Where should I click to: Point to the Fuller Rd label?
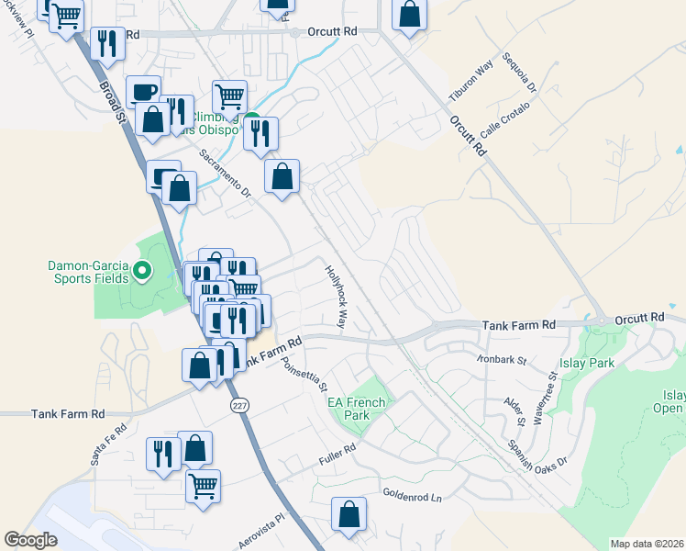pyautogui.click(x=337, y=453)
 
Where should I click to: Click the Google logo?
pyautogui.click(x=30, y=540)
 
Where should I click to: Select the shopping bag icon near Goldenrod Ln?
pyautogui.click(x=349, y=515)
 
